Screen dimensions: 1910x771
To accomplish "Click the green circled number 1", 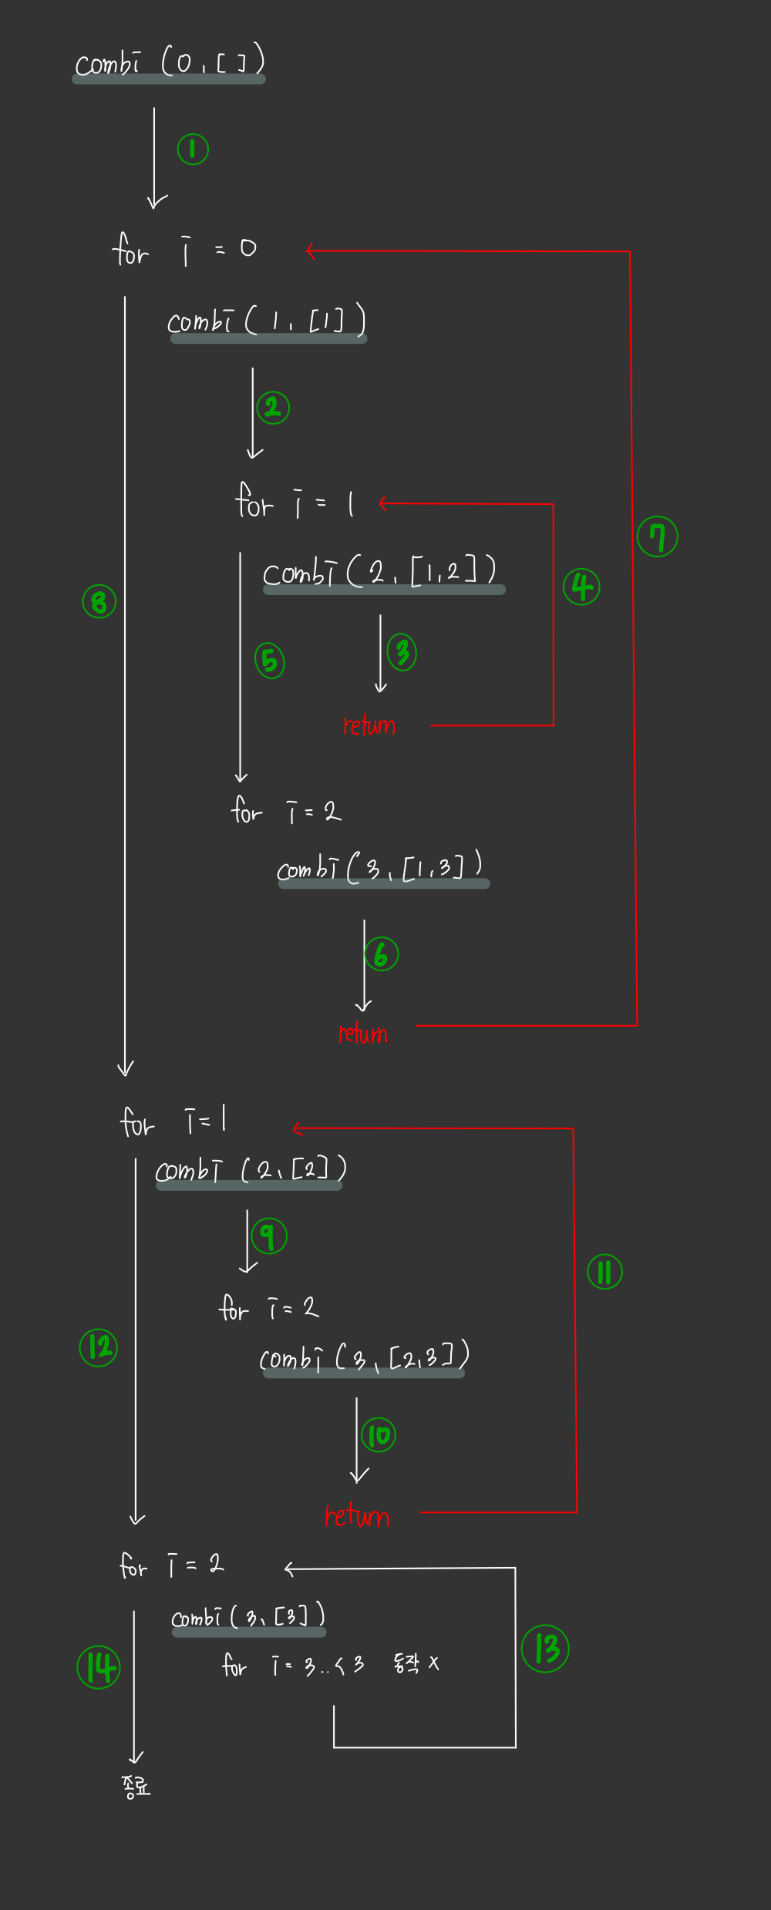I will click(x=193, y=150).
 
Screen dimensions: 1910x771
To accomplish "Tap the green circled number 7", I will click(x=657, y=537).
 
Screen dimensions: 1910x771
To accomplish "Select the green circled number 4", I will click(x=581, y=587).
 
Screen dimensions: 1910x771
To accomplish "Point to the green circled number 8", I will click(x=99, y=601).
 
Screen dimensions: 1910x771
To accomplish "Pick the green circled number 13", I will click(x=545, y=1649).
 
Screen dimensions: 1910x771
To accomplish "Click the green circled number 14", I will click(x=99, y=1666).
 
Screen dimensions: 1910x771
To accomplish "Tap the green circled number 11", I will click(x=604, y=1272).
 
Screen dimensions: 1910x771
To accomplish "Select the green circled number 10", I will click(x=379, y=1435).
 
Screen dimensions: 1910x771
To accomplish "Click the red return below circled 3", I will click(x=369, y=725).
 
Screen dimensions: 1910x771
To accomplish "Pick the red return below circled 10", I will click(x=357, y=1515).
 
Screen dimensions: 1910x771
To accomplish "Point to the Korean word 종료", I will click(x=136, y=1786).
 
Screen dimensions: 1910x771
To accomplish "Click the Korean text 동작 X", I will click(x=416, y=1663).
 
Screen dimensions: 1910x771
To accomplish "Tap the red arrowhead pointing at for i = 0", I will click(x=310, y=251).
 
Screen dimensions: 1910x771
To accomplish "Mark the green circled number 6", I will click(x=381, y=954).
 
